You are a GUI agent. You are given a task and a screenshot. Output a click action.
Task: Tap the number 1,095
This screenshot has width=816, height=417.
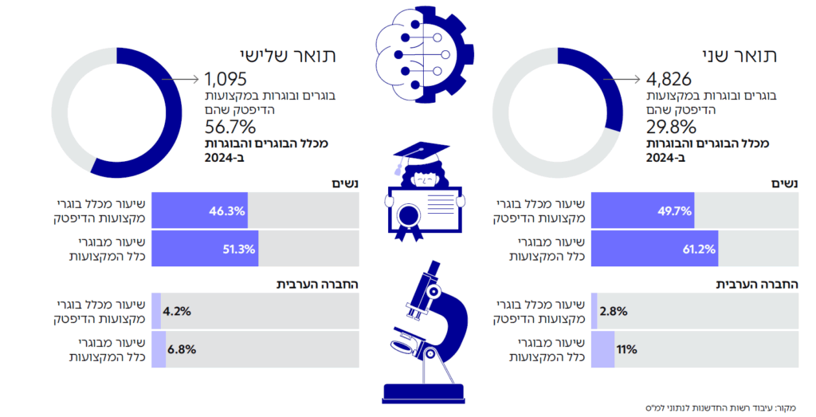coord(226,79)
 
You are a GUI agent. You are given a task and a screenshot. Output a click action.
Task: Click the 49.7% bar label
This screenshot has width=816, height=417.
coord(671,211)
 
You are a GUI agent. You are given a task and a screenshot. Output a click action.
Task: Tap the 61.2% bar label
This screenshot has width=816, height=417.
coord(696,250)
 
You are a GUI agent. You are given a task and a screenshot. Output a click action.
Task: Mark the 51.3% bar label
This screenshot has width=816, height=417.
coord(238,250)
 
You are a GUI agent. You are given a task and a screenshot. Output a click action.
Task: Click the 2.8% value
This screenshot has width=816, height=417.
coord(614,311)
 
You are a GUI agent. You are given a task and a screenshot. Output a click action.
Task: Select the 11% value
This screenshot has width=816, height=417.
coord(626,349)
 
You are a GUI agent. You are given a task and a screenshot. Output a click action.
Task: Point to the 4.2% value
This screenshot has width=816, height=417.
coord(177,311)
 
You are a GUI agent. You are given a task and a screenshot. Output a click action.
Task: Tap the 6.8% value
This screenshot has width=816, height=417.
coord(182,349)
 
